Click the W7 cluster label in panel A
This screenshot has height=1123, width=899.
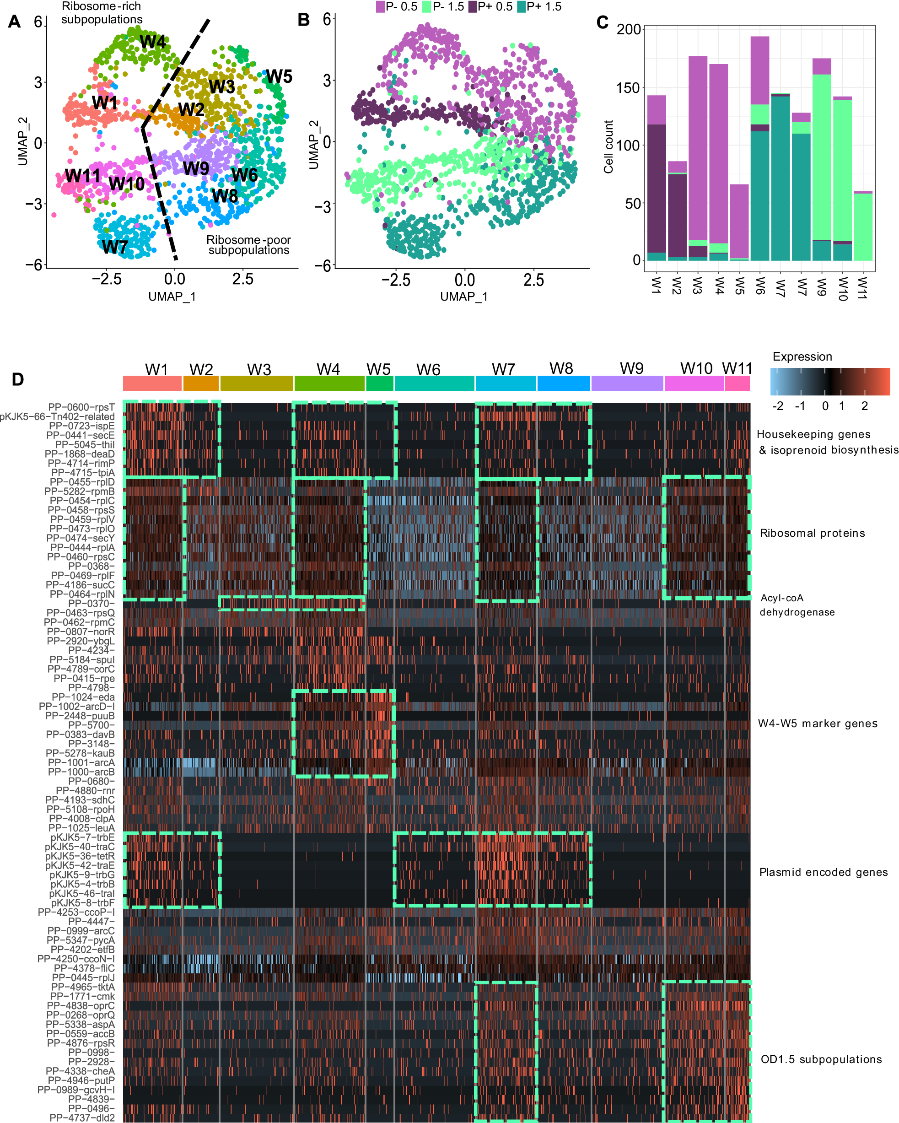coord(115,247)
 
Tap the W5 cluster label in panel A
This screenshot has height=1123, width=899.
coord(279,76)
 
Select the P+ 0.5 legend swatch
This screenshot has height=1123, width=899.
coord(473,7)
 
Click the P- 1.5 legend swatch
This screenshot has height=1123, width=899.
coord(426,7)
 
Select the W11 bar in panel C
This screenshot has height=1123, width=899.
coord(862,227)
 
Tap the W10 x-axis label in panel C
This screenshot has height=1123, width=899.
coord(842,289)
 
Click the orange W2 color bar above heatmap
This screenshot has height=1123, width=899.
coord(201,383)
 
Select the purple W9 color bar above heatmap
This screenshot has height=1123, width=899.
coord(627,383)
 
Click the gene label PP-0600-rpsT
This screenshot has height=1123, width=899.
coord(81,407)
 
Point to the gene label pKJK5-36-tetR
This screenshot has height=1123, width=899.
coord(80,856)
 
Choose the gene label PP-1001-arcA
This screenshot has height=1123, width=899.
coord(81,762)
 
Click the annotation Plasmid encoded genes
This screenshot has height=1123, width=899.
coord(823,873)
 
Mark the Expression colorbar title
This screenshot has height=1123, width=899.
coord(802,357)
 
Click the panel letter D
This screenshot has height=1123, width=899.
coord(18,380)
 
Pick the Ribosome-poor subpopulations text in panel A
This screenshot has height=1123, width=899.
coord(248,245)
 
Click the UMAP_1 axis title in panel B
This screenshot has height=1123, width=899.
coord(463,297)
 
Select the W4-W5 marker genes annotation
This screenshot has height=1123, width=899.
coord(817,723)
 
